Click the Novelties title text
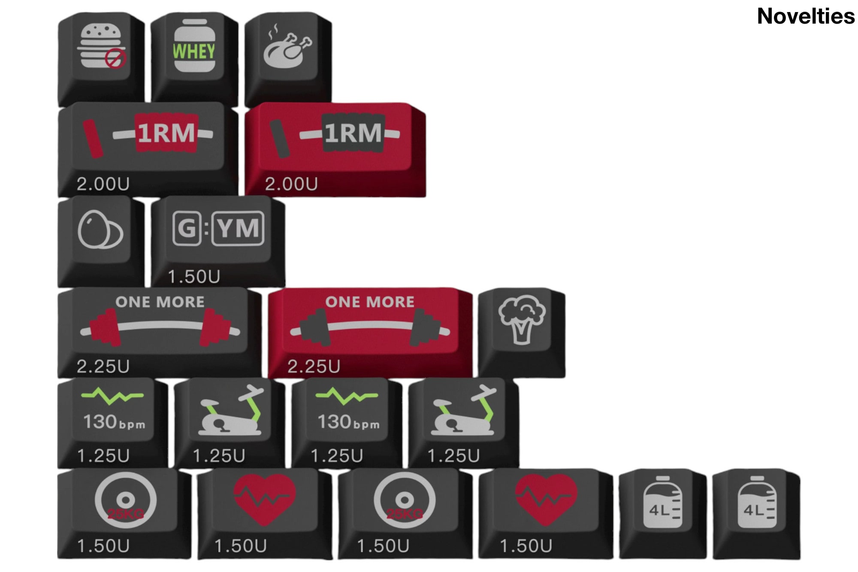coord(805,16)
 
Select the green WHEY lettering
coord(194,51)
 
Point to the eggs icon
coord(100,230)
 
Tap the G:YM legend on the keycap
coord(218,228)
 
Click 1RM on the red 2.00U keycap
coord(353,133)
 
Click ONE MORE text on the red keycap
coord(370,302)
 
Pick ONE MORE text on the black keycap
coord(160,302)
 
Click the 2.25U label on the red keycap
coord(314,366)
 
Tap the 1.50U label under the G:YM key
coord(194,277)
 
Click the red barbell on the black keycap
coord(160,328)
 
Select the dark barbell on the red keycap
coord(370,328)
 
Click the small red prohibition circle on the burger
coord(115,58)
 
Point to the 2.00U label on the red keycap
coord(291,184)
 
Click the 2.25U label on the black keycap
coord(103,366)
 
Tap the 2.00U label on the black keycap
coord(103,184)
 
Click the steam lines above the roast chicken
coord(273,31)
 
